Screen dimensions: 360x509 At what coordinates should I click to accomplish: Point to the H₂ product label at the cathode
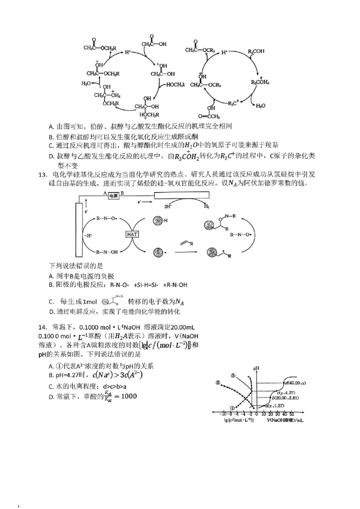point(207,206)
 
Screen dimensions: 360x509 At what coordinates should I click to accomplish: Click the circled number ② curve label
point(217,383)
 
